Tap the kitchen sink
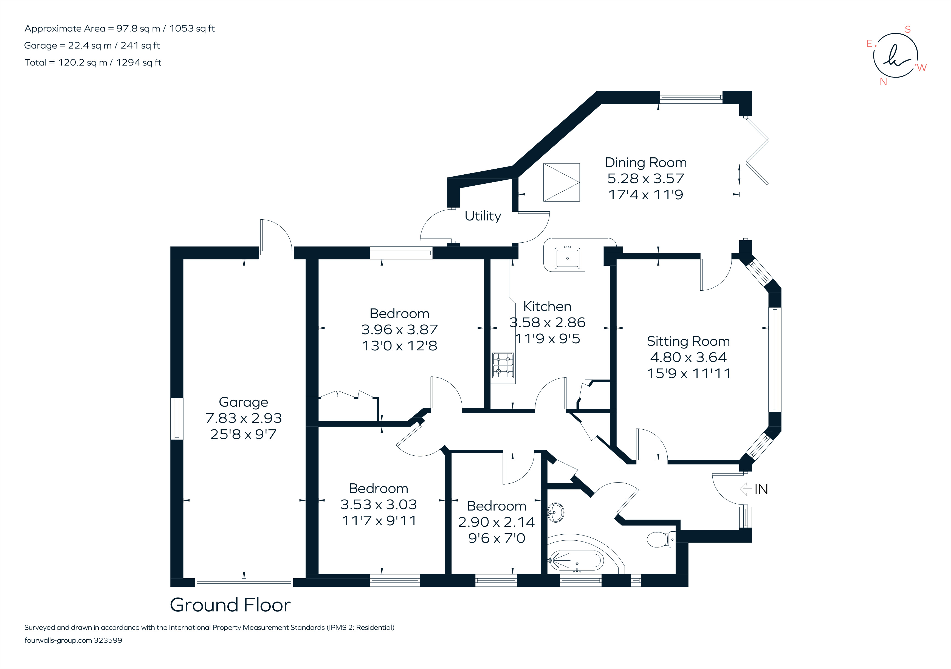(567, 258)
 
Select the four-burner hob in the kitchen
(503, 365)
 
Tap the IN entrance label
(761, 490)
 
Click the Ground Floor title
(230, 605)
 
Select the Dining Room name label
(645, 163)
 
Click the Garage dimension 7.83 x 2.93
(244, 418)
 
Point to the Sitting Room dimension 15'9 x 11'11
(688, 373)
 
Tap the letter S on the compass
(907, 29)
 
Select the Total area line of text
(93, 63)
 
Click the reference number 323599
(108, 640)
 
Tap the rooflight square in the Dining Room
(561, 182)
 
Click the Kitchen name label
(547, 306)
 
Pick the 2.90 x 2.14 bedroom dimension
(496, 522)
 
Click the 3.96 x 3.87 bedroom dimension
(399, 330)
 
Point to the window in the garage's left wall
(177, 419)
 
